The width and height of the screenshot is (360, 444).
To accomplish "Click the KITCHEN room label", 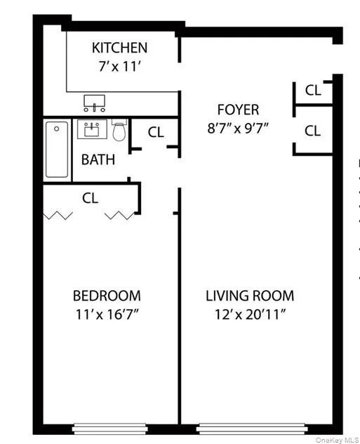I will tap(119, 48).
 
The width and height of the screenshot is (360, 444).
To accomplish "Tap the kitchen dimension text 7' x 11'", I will tap(119, 68).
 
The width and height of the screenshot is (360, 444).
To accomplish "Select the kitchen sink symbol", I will tap(95, 104).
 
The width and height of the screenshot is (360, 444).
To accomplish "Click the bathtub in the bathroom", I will tap(57, 149).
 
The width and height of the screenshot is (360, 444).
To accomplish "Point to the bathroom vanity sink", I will tap(91, 130).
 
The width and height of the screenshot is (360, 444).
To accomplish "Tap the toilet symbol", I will tap(119, 131).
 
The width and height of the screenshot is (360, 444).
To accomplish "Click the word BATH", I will tap(98, 159).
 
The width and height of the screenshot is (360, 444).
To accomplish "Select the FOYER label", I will tap(238, 110).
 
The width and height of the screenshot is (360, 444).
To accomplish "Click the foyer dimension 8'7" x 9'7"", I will tap(238, 129).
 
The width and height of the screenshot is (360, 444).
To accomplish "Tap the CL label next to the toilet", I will tap(156, 132).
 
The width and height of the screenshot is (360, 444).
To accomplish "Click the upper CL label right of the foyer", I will tap(313, 90).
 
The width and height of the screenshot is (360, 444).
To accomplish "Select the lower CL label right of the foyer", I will tap(313, 131).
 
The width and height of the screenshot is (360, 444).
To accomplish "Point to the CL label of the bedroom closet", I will tap(90, 198).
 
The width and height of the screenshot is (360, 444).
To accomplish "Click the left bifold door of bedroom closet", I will tap(59, 215).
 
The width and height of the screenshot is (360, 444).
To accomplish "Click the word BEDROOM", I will tap(107, 296).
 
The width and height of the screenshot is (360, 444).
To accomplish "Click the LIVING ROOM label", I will tap(250, 296).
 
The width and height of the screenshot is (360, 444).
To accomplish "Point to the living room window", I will tap(251, 426).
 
